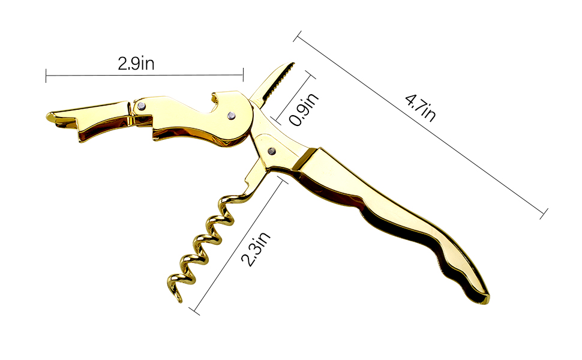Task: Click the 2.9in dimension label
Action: point(136,64)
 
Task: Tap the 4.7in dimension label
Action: point(420,108)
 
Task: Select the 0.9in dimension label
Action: point(304,109)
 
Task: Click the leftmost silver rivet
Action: point(141,107)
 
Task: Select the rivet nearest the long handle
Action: point(272,151)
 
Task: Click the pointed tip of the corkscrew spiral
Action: point(181,301)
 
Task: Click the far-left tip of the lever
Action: point(47,117)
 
